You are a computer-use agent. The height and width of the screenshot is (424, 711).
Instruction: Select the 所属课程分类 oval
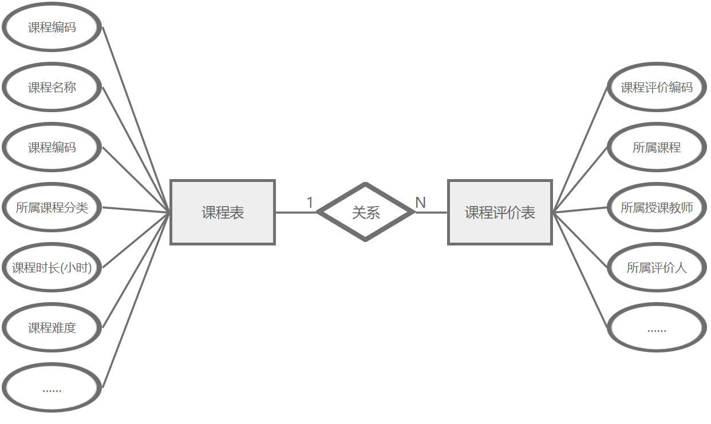(52, 208)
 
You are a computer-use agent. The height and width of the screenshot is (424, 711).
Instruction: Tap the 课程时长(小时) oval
(52, 267)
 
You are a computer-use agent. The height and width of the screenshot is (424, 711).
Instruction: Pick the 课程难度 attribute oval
(52, 328)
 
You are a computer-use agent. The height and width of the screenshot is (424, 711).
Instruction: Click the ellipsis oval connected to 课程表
(52, 388)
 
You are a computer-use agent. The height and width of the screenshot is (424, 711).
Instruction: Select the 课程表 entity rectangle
(223, 212)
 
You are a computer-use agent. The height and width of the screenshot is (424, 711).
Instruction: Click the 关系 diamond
(366, 212)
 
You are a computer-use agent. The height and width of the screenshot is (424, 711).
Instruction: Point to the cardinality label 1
(310, 203)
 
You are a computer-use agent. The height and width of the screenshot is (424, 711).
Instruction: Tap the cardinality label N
(420, 203)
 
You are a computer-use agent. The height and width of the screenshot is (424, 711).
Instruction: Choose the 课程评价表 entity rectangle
(500, 212)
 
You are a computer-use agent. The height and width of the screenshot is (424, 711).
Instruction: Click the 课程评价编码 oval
(657, 88)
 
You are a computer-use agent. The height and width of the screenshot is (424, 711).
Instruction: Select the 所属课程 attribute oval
(657, 147)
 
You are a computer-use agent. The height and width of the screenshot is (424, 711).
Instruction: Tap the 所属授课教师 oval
(657, 208)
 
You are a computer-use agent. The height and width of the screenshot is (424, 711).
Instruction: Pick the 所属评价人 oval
(657, 267)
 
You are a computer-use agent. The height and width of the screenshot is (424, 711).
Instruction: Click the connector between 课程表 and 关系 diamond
(295, 212)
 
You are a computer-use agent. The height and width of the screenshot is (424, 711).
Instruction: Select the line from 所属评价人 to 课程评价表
(579, 240)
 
